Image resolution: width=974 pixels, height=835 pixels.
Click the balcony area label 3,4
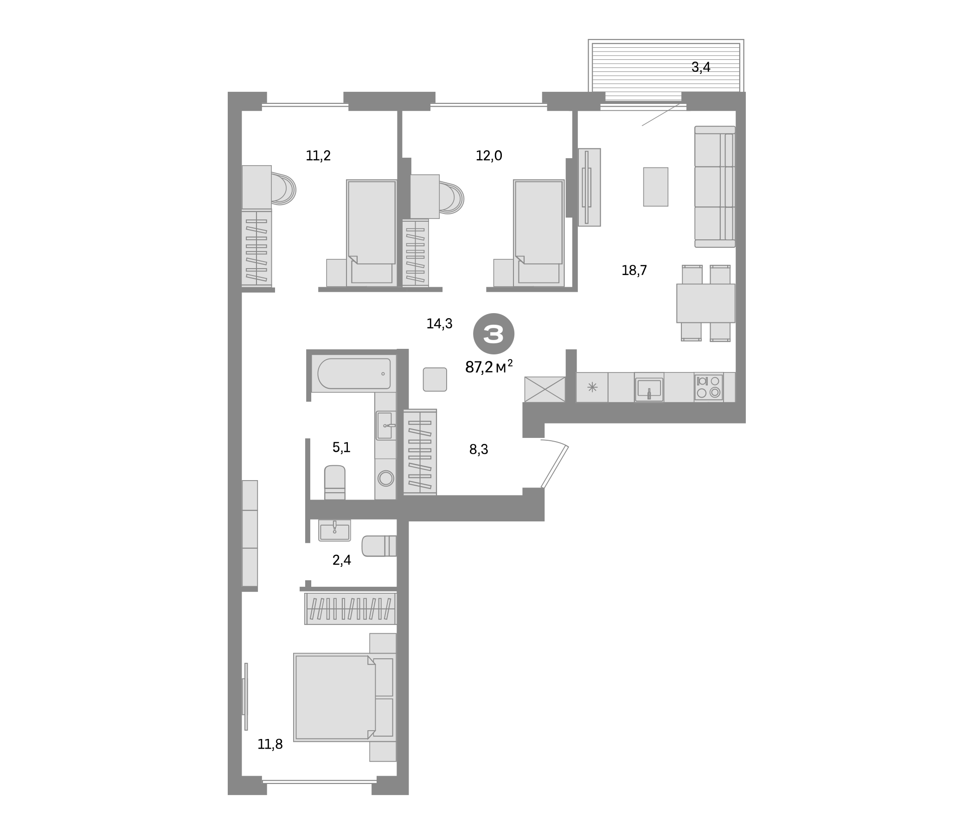(x=700, y=68)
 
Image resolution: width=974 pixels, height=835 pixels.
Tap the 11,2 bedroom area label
(x=318, y=155)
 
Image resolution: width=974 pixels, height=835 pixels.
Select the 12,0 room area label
(x=489, y=155)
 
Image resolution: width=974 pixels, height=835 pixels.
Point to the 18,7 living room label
(x=634, y=270)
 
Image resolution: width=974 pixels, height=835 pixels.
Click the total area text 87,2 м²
(x=488, y=367)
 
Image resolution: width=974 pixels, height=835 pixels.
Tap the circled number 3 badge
(x=493, y=334)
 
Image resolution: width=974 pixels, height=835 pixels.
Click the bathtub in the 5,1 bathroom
(x=354, y=374)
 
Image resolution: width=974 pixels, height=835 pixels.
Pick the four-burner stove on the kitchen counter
(x=708, y=387)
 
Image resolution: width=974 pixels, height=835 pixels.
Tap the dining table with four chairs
(x=705, y=303)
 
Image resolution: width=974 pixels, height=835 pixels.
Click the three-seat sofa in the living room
(x=715, y=186)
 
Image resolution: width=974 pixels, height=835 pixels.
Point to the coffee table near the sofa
(x=655, y=186)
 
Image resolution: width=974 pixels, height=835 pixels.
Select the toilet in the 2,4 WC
(x=379, y=546)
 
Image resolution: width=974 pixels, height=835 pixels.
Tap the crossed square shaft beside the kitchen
(x=545, y=389)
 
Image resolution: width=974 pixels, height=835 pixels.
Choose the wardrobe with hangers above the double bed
(x=350, y=608)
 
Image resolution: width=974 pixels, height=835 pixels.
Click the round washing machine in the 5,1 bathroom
(x=385, y=479)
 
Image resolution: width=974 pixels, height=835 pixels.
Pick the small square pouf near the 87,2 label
(x=435, y=379)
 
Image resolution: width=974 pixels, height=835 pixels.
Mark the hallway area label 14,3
(x=439, y=324)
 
